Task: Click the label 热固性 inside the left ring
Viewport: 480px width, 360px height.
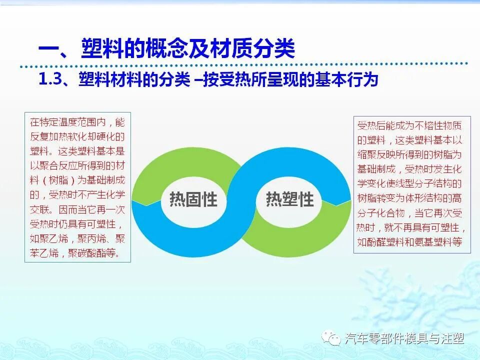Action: (x=193, y=200)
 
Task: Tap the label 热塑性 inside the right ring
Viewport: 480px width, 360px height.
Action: (x=289, y=200)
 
